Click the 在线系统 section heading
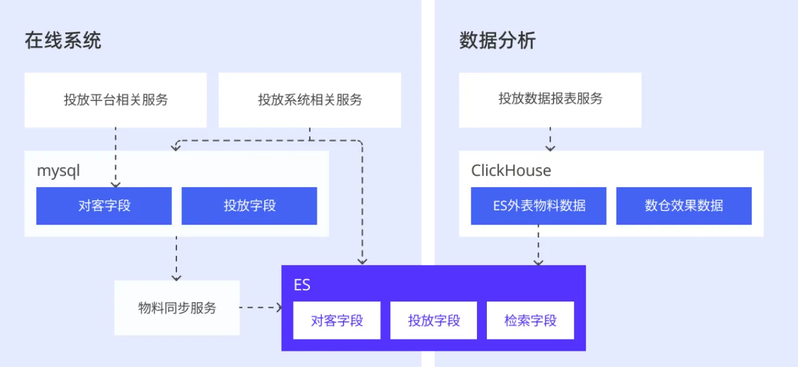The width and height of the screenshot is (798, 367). (x=62, y=41)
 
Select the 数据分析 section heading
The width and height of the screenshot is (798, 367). (x=497, y=41)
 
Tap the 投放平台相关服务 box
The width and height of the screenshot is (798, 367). (x=115, y=100)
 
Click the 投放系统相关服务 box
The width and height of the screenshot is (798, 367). (x=309, y=100)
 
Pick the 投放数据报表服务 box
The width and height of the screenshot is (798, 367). (x=550, y=99)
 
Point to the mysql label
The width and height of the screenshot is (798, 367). (x=59, y=171)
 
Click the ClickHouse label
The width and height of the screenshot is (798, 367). (x=511, y=170)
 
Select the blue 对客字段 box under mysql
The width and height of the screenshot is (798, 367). (x=103, y=206)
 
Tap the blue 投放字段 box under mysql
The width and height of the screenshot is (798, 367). (x=249, y=206)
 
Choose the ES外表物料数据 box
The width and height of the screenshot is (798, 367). (x=539, y=206)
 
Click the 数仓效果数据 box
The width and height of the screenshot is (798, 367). (x=683, y=206)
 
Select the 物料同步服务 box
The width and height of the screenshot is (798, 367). (x=177, y=308)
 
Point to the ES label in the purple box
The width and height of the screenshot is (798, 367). (x=302, y=285)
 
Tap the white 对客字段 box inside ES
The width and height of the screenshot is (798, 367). (x=337, y=321)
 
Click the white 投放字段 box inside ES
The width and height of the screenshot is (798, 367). (x=433, y=321)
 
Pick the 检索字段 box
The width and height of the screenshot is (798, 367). (x=530, y=321)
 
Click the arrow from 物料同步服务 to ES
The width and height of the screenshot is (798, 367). (x=261, y=307)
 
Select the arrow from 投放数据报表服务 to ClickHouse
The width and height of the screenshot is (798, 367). (x=550, y=139)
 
